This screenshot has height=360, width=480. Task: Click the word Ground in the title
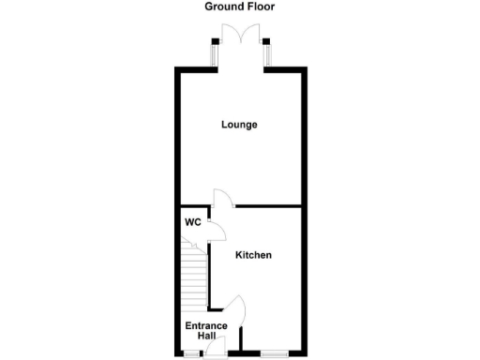(223, 7)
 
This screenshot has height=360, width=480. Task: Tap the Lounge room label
(239, 125)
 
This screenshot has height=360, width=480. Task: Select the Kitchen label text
(253, 255)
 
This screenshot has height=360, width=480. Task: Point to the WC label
(192, 223)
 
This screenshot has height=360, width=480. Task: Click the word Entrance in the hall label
(206, 325)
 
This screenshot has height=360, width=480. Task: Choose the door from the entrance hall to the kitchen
(236, 309)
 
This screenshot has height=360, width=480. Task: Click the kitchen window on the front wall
(275, 353)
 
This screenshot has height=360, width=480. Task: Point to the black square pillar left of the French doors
(214, 41)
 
